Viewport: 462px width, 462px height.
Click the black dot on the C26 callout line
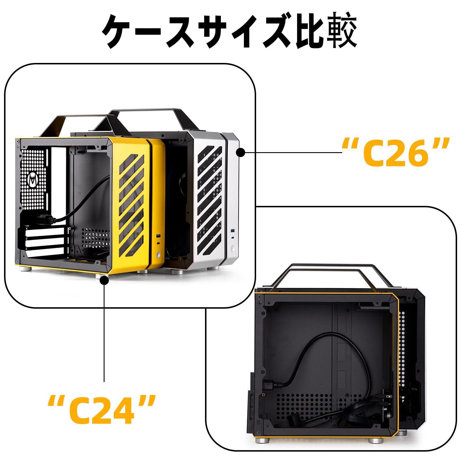pos(241,152)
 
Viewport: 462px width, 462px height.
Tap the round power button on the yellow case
pos(158,255)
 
